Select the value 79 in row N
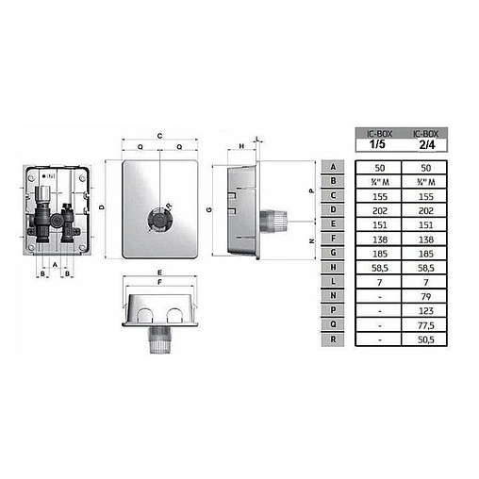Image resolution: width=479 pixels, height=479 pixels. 427,298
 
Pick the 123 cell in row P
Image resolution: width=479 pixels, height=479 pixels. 427,311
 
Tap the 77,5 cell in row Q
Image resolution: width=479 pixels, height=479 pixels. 427,325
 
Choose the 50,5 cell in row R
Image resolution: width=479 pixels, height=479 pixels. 427,339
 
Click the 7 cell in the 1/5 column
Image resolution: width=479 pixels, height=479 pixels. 375,283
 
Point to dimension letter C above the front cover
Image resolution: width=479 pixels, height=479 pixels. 160,134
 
